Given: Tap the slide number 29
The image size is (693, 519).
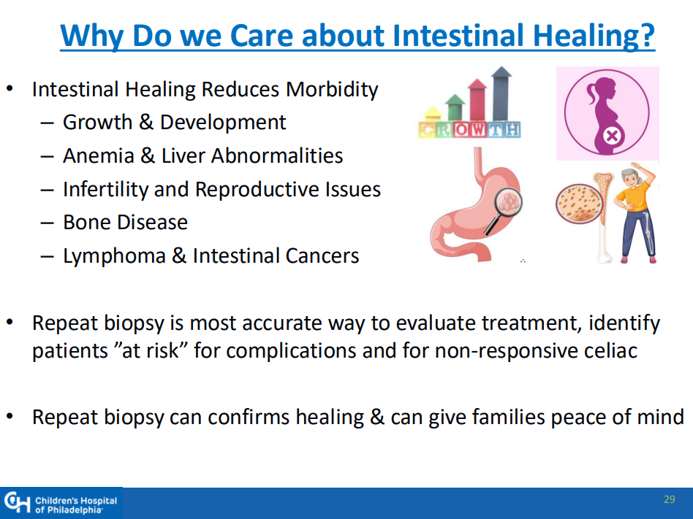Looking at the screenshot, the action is [x=669, y=499].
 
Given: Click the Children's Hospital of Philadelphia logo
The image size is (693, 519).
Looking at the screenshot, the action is [x=61, y=503].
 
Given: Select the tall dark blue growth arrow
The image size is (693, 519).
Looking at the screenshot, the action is [x=501, y=93].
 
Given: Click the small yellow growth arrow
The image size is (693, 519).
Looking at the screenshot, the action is [x=432, y=113].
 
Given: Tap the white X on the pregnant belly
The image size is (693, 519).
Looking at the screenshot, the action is [x=612, y=137].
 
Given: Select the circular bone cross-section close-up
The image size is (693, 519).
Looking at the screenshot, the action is [x=579, y=204].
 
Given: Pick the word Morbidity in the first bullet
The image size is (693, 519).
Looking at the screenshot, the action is [x=332, y=90].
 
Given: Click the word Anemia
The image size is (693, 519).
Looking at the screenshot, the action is [x=99, y=155].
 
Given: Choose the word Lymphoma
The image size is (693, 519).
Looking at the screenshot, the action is [x=115, y=256].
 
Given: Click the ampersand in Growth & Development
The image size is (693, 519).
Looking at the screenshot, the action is [x=146, y=122].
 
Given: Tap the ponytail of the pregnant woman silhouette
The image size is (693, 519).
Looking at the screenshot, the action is [x=591, y=94].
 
